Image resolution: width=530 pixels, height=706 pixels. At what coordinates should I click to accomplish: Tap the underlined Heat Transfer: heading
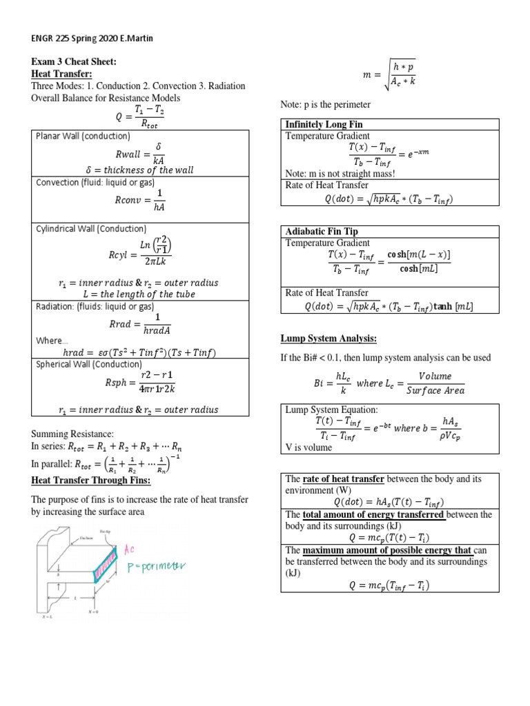pos(61,74)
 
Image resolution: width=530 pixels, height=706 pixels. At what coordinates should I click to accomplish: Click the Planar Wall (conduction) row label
pos(82,136)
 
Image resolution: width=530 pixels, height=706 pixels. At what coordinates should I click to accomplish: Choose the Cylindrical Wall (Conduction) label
pos(90,228)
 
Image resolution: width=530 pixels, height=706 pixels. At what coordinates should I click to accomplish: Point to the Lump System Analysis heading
pos(328,339)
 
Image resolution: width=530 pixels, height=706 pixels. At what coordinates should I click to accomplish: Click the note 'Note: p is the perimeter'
pos(325,104)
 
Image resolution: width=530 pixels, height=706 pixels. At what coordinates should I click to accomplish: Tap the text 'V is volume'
pos(308,447)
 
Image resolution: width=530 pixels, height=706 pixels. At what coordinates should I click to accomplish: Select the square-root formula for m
pos(390,74)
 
